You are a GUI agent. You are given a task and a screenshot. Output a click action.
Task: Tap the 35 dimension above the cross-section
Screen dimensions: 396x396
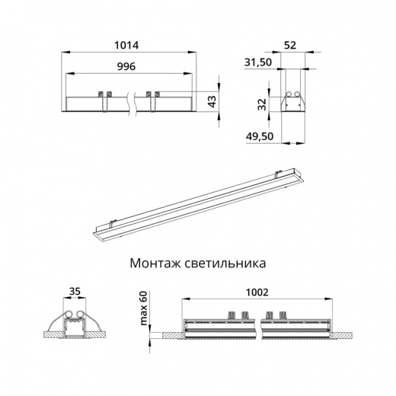(x=74, y=291)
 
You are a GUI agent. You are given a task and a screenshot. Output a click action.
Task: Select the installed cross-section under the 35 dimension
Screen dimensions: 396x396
(x=74, y=324)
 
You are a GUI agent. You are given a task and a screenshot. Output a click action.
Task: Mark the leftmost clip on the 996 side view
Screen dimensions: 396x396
(x=101, y=94)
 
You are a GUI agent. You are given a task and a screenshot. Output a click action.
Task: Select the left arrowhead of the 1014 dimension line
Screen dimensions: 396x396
(x=64, y=53)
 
